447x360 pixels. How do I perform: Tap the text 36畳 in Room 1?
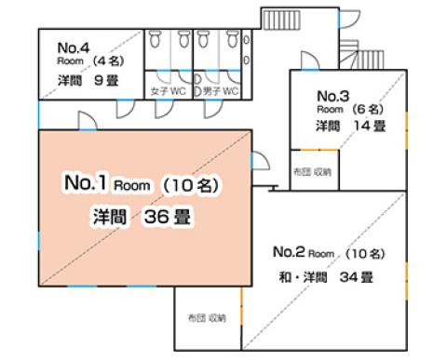pos(167,217)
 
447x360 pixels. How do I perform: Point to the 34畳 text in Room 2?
pos(356,277)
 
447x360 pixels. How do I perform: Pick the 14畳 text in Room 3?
pos(370,126)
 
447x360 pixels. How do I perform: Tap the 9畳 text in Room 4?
pos(106,81)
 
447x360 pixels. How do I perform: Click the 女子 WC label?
pos(168,91)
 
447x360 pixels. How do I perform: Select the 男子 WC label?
pos(221,91)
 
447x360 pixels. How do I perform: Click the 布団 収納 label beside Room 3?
pos(313,171)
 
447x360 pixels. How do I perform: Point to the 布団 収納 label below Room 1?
pos(207,318)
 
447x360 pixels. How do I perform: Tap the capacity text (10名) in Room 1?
pos(191,185)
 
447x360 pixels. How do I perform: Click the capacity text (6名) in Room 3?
pos(368,109)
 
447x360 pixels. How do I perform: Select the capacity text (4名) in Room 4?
pos(108,60)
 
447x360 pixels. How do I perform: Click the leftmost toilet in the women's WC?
pos(155,39)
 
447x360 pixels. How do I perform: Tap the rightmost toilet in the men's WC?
pos(233,39)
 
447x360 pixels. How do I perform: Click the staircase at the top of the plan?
pos(281,20)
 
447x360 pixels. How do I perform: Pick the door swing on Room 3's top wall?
pos(310,60)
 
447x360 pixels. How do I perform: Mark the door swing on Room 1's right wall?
pos(261,160)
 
